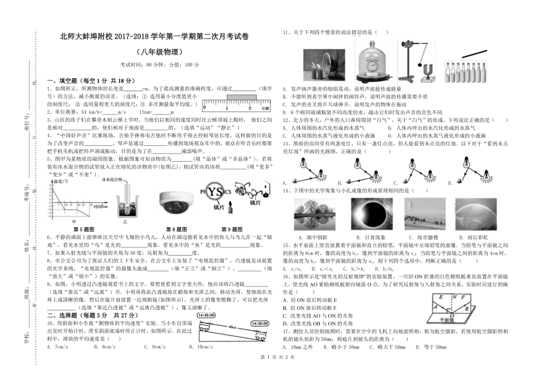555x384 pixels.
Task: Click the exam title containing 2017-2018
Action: click(154, 36)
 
